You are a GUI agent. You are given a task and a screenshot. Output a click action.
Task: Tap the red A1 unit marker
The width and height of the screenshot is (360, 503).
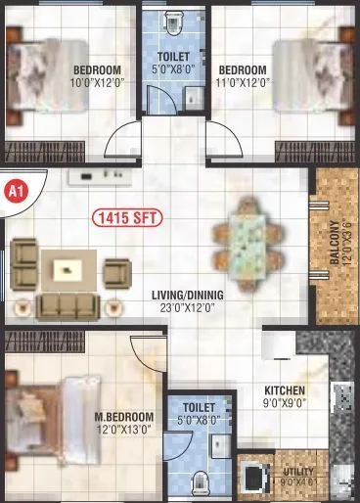click(x=13, y=190)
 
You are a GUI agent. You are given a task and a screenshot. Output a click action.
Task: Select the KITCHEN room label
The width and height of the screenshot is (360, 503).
click(x=285, y=390)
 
